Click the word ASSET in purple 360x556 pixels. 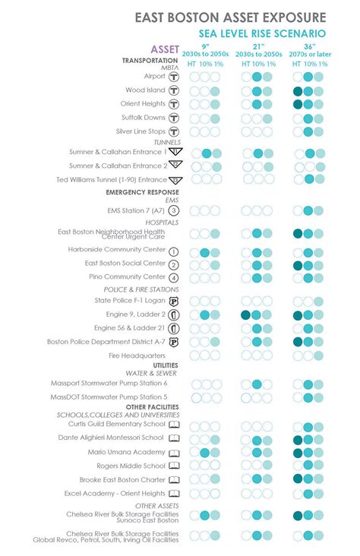point(166,49)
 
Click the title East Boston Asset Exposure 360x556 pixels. point(231,17)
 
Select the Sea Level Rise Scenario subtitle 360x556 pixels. point(262,33)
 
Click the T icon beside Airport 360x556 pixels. point(173,76)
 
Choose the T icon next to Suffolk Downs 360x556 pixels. point(173,118)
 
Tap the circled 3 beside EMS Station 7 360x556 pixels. point(173,210)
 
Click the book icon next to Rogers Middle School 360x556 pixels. point(174,466)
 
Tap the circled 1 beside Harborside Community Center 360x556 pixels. point(173,251)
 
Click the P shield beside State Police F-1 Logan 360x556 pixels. point(173,301)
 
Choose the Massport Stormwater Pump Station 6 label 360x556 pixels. point(109,384)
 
